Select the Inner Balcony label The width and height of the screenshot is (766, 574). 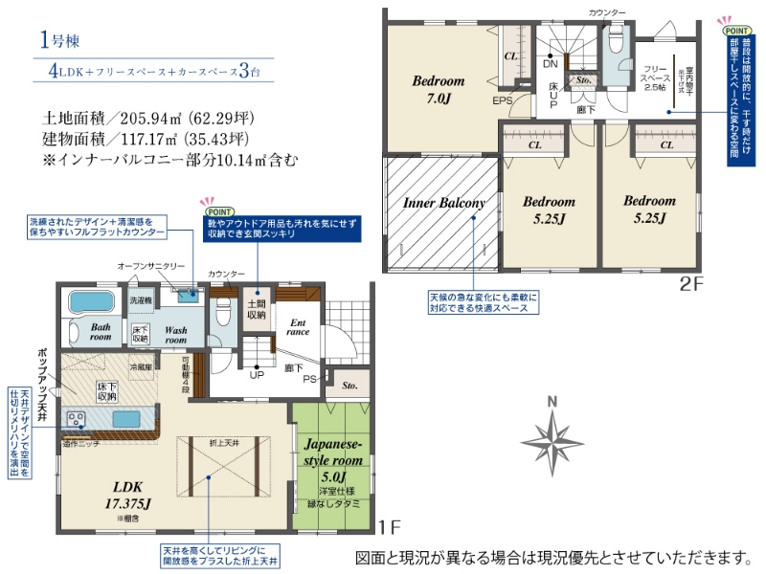coord(443,203)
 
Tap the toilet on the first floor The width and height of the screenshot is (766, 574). coord(223,312)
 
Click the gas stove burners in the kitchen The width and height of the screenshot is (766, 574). coord(76,419)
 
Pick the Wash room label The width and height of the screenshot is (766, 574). coord(175,335)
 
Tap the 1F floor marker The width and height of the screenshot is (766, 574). coord(387,526)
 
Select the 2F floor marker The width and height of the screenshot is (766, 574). coord(691,282)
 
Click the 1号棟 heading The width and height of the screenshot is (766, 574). coord(65,41)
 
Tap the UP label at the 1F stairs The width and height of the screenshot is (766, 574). coord(257,375)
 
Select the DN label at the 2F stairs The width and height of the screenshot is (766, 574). coord(551,64)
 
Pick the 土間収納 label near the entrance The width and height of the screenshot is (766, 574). coord(256,307)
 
